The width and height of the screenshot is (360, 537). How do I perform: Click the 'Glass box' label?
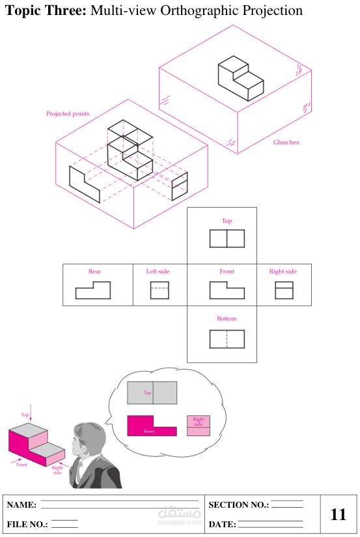pos(286,142)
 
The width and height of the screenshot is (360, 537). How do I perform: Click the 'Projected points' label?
pos(68,114)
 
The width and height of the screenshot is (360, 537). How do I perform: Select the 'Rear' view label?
pos(94,271)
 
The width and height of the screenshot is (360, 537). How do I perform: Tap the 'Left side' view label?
pos(158,271)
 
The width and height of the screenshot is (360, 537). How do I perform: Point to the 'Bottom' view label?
pos(227,318)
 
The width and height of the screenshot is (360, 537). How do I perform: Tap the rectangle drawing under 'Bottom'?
pos(210,339)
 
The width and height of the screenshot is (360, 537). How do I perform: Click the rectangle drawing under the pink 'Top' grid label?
pos(210,239)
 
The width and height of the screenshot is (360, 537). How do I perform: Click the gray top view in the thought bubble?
pos(152,392)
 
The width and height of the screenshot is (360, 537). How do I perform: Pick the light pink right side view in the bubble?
pos(199,426)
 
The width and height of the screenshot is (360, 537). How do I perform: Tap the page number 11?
pos(339,514)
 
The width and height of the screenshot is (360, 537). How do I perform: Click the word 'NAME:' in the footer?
pos(21,505)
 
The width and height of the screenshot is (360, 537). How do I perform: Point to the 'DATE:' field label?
pos(222,525)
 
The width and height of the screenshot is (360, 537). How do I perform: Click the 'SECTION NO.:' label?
pos(239,505)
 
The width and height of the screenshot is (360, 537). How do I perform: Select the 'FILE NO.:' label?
pos(27,525)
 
